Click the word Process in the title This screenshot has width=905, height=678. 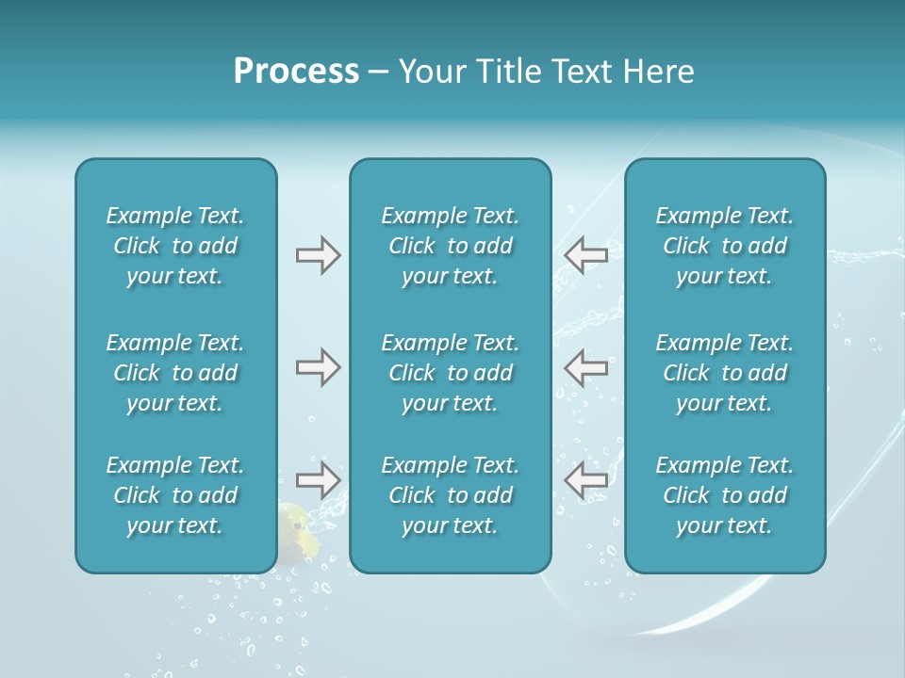tap(296, 72)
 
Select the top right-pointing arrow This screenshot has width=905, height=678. tap(318, 254)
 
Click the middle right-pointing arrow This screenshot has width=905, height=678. tap(318, 367)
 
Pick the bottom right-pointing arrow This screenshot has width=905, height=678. tap(318, 480)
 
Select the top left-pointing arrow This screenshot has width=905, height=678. tap(586, 254)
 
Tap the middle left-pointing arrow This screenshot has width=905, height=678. tap(586, 367)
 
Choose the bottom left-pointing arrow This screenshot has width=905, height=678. tap(586, 480)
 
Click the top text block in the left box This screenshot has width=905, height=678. tap(175, 246)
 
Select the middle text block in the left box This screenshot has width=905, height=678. tap(175, 373)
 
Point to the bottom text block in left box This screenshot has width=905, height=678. tap(175, 495)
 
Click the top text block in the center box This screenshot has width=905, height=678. tap(450, 246)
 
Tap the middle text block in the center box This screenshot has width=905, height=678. tap(450, 373)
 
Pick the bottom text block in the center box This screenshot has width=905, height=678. tap(450, 495)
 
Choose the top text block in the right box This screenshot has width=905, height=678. tap(724, 246)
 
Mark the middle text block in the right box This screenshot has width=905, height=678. tap(724, 373)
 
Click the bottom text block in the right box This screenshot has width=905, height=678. tap(724, 495)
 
